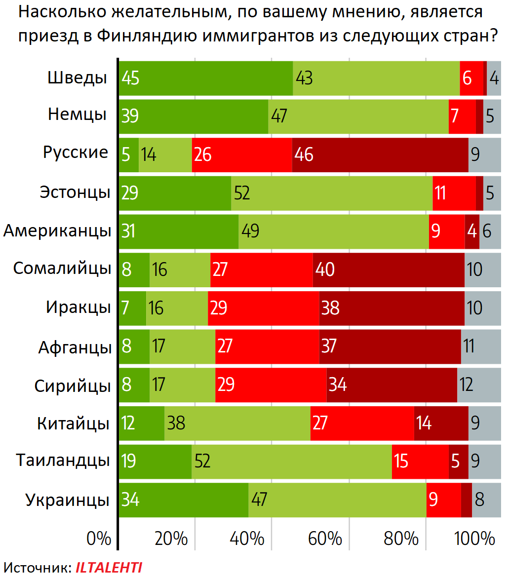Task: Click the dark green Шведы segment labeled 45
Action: pos(206,78)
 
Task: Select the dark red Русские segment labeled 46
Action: pos(380,155)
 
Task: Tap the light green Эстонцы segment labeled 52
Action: pos(332,193)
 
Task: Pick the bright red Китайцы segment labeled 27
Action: pos(362,423)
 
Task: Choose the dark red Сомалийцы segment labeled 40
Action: pos(389,270)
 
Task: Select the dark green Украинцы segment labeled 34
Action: pos(183,500)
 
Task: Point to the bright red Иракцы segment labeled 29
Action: pos(263,308)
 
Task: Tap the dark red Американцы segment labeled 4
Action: pos(472,231)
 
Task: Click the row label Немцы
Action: pos(78,115)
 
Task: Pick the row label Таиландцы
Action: pos(63,461)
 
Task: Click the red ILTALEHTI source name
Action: pos(109,568)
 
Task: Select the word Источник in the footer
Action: pos(37,568)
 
